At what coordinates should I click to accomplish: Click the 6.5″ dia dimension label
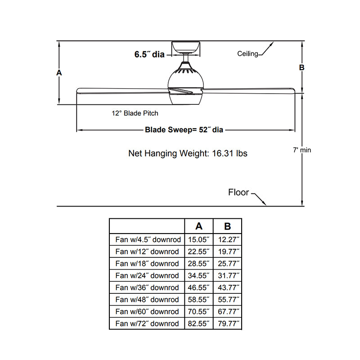(x=149, y=54)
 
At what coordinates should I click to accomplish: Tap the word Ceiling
(x=247, y=54)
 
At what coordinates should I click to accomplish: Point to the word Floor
(x=238, y=193)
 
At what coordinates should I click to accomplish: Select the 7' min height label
(x=301, y=150)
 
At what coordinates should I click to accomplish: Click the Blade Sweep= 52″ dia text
(x=184, y=130)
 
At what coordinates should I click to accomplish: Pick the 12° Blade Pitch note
(x=135, y=113)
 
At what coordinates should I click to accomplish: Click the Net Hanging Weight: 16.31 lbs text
(x=188, y=153)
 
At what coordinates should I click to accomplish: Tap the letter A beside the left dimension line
(x=58, y=72)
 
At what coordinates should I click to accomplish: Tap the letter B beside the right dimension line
(x=302, y=67)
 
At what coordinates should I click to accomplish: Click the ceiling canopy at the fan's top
(x=186, y=47)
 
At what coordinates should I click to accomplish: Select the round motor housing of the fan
(x=186, y=83)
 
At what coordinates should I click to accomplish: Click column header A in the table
(x=198, y=226)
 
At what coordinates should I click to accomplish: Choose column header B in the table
(x=227, y=226)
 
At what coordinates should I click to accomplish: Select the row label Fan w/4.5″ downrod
(x=147, y=240)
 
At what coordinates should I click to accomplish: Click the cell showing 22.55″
(x=198, y=252)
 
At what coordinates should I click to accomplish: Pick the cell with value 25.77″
(x=227, y=264)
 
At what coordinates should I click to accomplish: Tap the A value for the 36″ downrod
(x=198, y=288)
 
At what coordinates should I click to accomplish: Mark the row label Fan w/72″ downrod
(x=147, y=324)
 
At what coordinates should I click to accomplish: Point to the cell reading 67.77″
(x=227, y=311)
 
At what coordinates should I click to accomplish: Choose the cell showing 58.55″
(x=198, y=300)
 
